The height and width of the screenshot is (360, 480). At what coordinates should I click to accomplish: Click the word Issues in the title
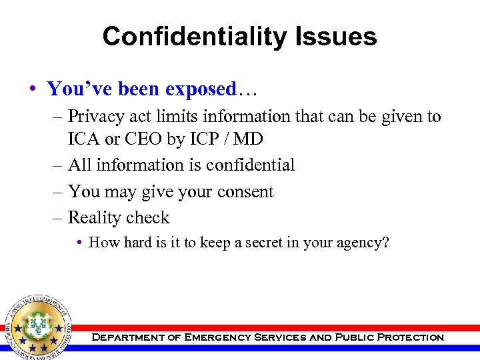pos(341,36)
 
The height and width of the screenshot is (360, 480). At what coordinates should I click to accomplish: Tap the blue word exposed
pos(201,89)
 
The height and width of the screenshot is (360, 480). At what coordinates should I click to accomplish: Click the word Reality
pos(95,218)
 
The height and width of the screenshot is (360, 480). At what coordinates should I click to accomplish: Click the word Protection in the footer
pos(411,337)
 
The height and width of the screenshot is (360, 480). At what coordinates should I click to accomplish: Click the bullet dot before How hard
pos(80,243)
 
